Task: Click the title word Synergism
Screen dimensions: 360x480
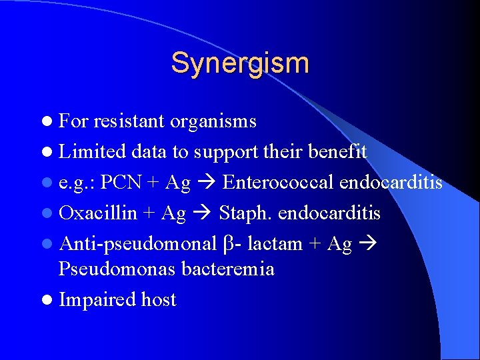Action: [240, 63]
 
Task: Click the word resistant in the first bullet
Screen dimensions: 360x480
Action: [129, 121]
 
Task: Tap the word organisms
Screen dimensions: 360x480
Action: [213, 121]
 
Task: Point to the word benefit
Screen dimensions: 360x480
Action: [337, 152]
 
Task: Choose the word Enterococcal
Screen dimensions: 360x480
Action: [279, 183]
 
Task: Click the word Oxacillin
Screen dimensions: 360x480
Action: [98, 213]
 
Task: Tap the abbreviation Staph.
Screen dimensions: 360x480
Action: [243, 213]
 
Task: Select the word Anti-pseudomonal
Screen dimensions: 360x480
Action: [138, 244]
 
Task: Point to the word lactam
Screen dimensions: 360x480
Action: [275, 244]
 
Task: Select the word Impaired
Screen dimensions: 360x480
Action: [97, 300]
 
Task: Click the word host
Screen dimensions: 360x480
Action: [159, 300]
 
